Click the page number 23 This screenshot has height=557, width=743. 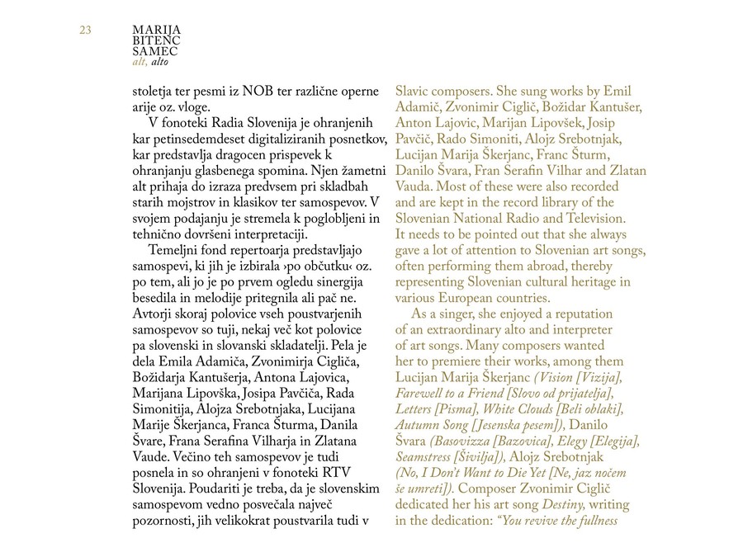85,31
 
